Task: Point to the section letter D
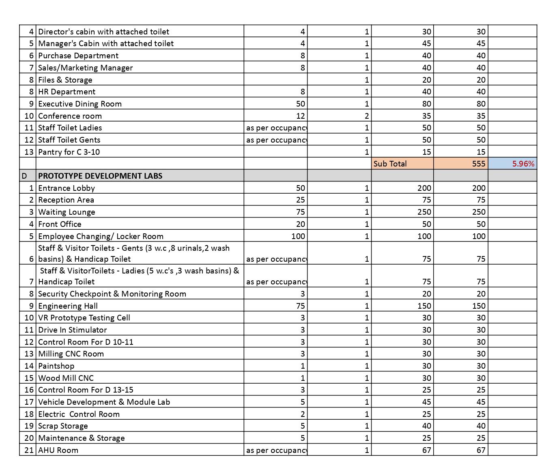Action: click(x=24, y=176)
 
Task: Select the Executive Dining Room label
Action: click(x=80, y=104)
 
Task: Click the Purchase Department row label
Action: click(x=78, y=56)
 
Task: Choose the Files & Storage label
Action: click(x=65, y=80)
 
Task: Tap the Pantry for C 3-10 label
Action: click(x=69, y=152)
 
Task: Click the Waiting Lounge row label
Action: click(x=67, y=212)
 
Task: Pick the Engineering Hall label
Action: click(x=68, y=306)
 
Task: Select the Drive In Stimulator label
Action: click(x=73, y=330)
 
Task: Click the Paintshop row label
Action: click(x=56, y=366)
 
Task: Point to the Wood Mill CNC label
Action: click(x=66, y=378)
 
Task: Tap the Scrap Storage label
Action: click(x=63, y=426)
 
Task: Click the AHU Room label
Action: click(x=58, y=450)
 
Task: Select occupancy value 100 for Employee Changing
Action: click(x=298, y=236)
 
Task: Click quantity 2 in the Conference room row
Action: click(x=366, y=116)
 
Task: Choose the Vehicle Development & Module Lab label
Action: click(x=104, y=402)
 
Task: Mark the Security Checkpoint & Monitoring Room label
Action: click(x=112, y=294)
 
